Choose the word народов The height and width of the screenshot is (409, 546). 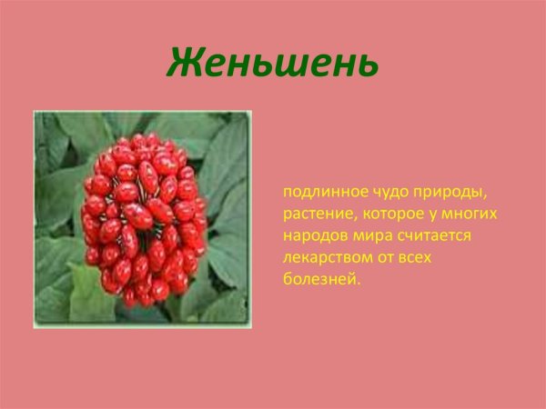311,236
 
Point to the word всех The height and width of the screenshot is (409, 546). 413,258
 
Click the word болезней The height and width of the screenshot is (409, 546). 319,280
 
